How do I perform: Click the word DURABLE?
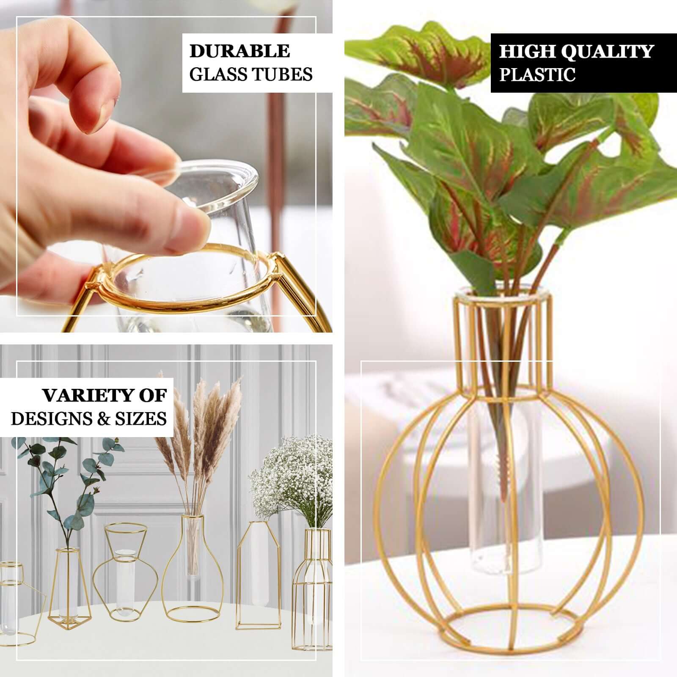(239, 51)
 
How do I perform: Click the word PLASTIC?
(537, 74)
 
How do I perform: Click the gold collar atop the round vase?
(504, 338)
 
